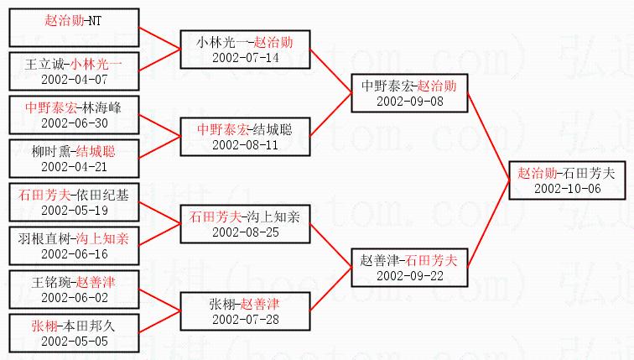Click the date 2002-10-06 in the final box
[x=566, y=188]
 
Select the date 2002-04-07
[x=73, y=78]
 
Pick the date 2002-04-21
[x=73, y=166]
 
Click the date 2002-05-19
[x=73, y=210]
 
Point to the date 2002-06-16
[x=73, y=253]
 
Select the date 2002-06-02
[x=73, y=297]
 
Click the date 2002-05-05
[x=73, y=341]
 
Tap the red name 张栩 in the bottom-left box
[x=44, y=326]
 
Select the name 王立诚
[x=41, y=64]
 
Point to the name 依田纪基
[x=101, y=196]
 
